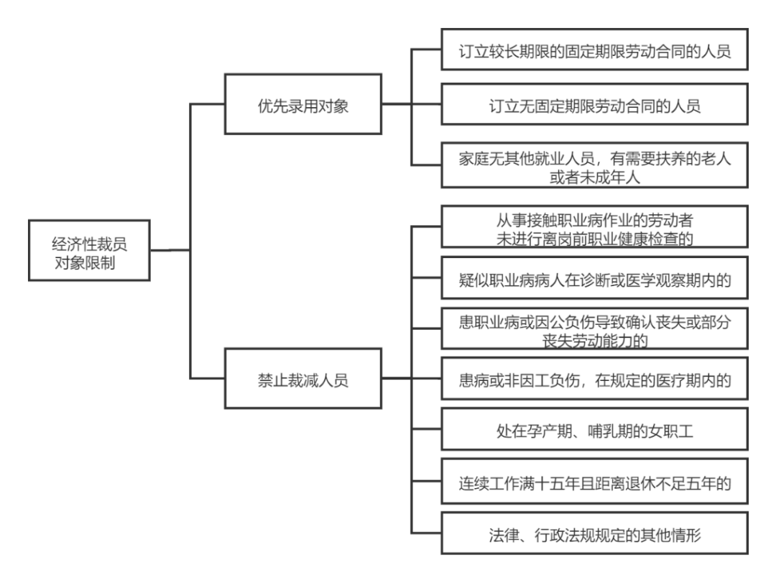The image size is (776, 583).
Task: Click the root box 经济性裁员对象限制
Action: pos(89,250)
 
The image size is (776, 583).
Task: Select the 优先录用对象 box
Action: pos(302,104)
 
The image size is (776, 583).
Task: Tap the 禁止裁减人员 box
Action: pos(302,380)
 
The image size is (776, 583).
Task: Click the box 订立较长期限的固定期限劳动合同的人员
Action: pos(594,50)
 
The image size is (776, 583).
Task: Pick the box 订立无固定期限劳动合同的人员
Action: pos(594,105)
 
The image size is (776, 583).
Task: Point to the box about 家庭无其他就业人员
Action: pos(594,167)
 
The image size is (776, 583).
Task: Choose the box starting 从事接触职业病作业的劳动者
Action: pos(594,228)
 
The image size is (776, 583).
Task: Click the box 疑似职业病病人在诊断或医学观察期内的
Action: pos(594,279)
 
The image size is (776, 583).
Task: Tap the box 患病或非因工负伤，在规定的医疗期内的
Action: pos(594,380)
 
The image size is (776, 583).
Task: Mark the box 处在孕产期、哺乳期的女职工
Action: pos(594,431)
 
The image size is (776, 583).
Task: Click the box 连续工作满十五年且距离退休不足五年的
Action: pos(594,483)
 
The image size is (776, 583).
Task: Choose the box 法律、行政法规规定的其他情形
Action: pos(594,535)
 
